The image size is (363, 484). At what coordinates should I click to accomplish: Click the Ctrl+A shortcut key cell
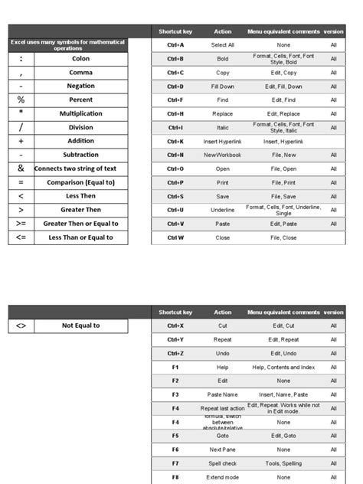point(175,45)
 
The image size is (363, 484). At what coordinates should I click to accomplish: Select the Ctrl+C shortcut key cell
point(175,73)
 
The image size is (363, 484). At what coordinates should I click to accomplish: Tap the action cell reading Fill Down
point(223,87)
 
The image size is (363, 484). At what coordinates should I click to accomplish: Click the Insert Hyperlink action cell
point(223,142)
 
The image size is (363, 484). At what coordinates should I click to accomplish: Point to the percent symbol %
point(21,100)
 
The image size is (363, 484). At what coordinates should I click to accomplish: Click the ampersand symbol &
point(21,168)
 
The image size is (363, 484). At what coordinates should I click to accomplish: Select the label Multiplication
point(80,113)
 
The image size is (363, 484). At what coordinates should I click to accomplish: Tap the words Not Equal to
point(80,325)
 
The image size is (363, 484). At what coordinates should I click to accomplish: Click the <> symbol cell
point(21,325)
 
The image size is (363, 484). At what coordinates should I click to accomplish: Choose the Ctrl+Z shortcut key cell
point(175,353)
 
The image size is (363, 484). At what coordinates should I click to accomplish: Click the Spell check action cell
point(223,463)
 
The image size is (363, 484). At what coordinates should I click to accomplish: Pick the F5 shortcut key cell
point(175,436)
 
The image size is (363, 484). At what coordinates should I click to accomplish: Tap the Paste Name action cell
point(223,394)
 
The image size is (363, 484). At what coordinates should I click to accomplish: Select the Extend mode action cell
point(223,477)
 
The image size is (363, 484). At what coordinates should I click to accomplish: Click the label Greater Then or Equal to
point(80,224)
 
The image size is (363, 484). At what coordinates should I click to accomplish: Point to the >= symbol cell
point(21,224)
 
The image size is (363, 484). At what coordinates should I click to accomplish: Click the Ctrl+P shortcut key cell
point(175,183)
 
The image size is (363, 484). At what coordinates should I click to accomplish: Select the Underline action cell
point(223,209)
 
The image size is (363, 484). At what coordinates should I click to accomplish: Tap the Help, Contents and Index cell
point(283,367)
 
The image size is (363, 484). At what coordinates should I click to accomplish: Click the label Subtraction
point(80,155)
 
